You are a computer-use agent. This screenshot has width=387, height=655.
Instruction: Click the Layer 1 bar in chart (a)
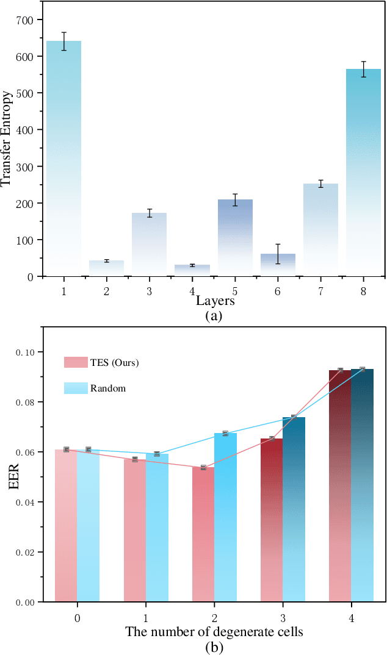63,159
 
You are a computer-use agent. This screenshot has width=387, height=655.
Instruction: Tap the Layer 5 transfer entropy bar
235,238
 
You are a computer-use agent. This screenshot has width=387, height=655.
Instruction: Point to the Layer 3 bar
149,245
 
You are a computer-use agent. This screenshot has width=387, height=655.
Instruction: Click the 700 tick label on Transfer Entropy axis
25,20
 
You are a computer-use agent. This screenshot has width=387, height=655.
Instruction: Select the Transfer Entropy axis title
7,139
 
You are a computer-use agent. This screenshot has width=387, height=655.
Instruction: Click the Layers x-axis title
215,301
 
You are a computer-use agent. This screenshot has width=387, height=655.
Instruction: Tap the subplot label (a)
214,316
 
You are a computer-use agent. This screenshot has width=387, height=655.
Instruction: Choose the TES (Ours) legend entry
101,363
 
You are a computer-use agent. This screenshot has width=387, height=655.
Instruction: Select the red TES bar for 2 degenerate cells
203,534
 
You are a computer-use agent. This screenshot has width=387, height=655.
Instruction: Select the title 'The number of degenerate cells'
214,632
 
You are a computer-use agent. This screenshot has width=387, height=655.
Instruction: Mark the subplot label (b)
214,646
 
